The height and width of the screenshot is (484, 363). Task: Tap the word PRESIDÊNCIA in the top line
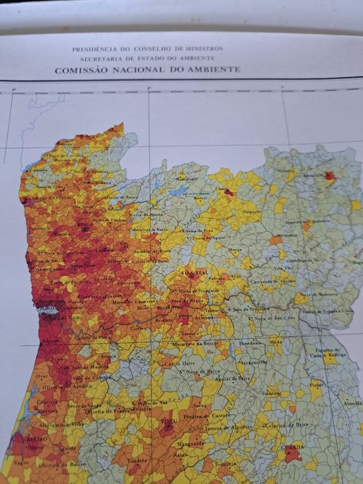(x=95, y=50)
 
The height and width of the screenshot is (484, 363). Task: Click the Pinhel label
(x=317, y=385)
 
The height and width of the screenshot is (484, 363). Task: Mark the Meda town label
(x=276, y=341)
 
